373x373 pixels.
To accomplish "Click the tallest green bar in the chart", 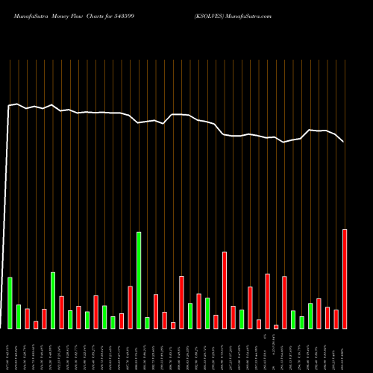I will point(139,280).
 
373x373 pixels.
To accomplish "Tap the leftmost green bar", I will point(10,302).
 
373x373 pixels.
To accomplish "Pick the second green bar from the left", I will point(19,316).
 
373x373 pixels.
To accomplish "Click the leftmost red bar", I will point(27,319).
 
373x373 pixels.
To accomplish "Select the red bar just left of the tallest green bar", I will point(130,307).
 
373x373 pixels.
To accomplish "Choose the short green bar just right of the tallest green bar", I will point(147,322).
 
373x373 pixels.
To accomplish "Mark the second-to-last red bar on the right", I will point(336,319).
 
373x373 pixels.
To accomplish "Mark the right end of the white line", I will point(344,142).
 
